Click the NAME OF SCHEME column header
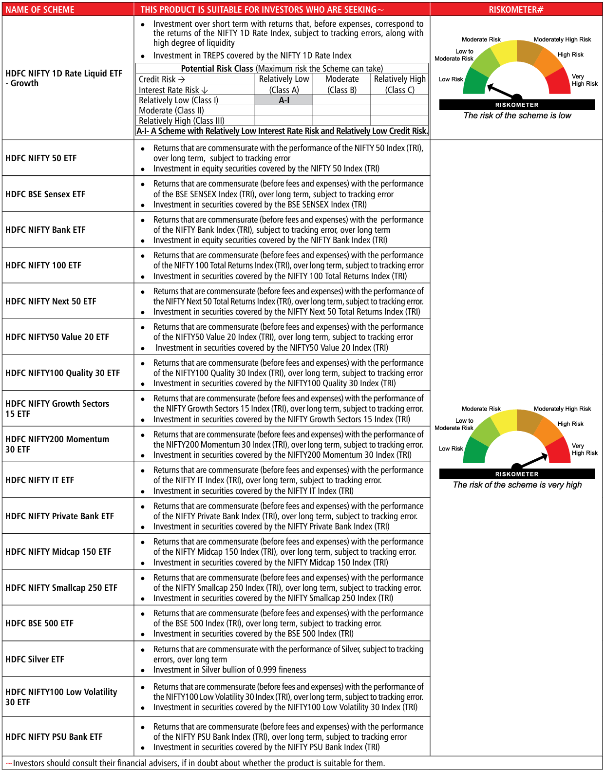click(x=40, y=9)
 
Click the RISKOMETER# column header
click(x=516, y=9)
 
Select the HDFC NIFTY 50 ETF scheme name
click(x=41, y=158)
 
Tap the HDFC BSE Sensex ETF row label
click(x=45, y=194)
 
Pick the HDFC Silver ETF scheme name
click(x=35, y=659)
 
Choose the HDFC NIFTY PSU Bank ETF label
click(x=54, y=737)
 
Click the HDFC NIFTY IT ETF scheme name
click(x=40, y=480)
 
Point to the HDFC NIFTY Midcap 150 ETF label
click(x=58, y=552)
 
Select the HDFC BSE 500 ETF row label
click(x=39, y=623)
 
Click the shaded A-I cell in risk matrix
click(x=284, y=100)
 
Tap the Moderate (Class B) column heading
click(x=342, y=84)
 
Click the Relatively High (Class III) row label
click(x=182, y=121)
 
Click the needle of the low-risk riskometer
click(x=502, y=91)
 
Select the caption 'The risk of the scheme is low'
click(x=517, y=116)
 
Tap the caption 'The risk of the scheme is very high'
click(x=517, y=485)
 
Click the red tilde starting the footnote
click(x=9, y=763)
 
